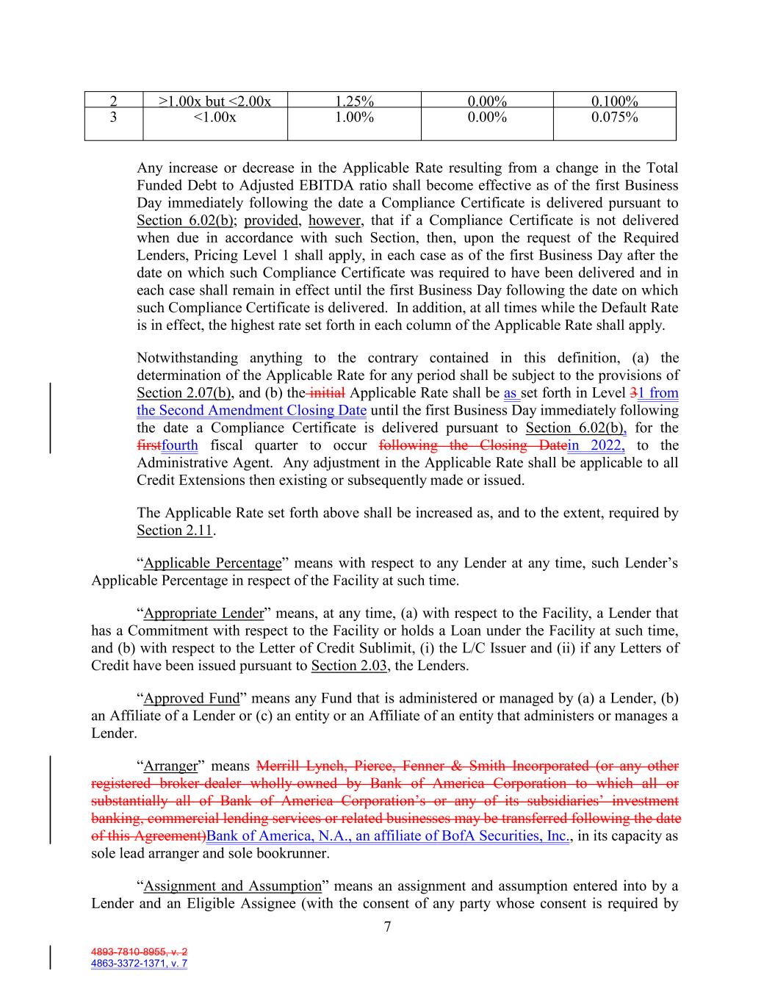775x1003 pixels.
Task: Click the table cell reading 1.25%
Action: [x=354, y=101]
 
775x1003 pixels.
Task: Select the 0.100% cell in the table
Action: [x=614, y=101]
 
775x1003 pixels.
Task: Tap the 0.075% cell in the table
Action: [x=614, y=118]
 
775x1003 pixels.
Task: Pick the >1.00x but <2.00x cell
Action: [x=215, y=101]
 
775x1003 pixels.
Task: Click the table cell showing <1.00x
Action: [x=215, y=118]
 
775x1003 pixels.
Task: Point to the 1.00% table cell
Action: [x=354, y=118]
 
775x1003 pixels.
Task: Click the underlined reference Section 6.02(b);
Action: [x=187, y=220]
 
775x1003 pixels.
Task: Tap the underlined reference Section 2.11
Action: [x=174, y=531]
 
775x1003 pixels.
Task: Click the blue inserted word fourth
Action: [x=180, y=445]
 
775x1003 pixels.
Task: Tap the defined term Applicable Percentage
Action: [x=212, y=564]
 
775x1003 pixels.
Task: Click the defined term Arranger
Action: [x=170, y=766]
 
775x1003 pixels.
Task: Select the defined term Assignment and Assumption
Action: [x=232, y=886]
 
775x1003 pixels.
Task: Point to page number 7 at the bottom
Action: [x=387, y=927]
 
